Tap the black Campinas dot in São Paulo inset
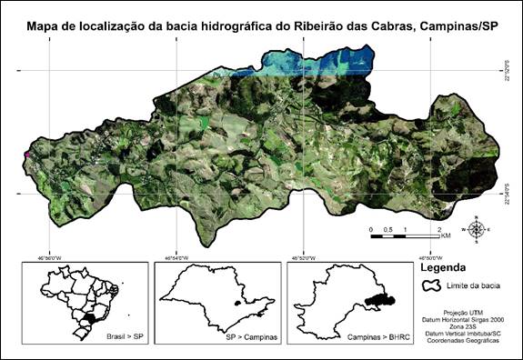pos(239,305)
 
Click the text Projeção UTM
pos(468,310)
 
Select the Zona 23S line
pos(468,325)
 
